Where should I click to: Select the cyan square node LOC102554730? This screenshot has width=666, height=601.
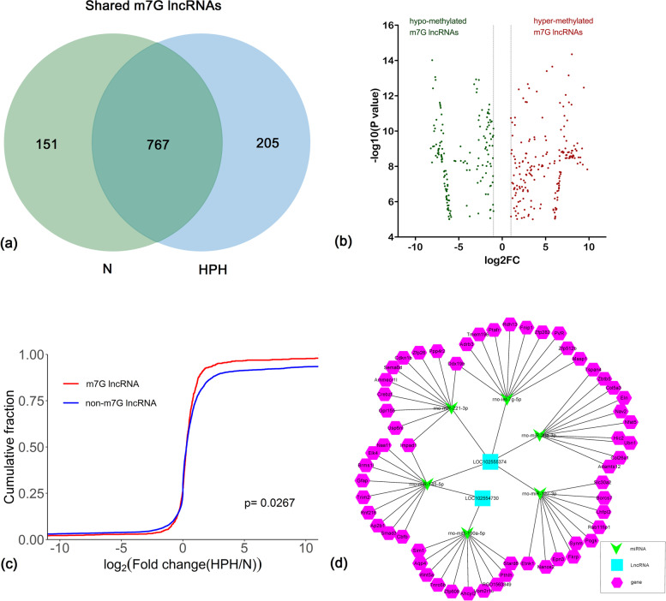483,497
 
